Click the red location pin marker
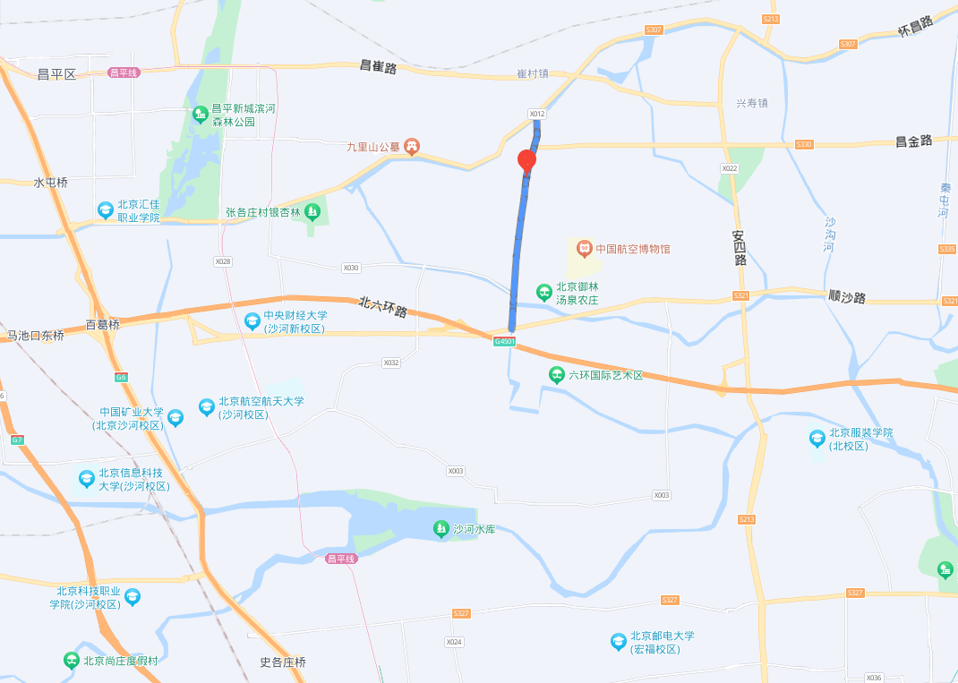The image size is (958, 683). click(527, 161)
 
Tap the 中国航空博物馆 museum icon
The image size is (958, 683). click(584, 247)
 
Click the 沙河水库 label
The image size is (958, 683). click(474, 529)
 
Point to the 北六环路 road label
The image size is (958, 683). click(383, 308)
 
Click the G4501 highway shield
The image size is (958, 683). click(504, 341)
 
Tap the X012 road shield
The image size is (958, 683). click(536, 114)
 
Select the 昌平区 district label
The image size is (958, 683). click(57, 74)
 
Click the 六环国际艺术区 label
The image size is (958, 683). click(605, 374)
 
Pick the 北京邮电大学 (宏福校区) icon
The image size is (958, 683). click(618, 642)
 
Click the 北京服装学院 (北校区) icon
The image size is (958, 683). click(817, 439)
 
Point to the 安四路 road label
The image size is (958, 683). click(739, 248)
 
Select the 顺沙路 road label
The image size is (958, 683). click(847, 296)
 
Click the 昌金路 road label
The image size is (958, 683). click(914, 141)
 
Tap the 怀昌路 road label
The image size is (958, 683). click(915, 25)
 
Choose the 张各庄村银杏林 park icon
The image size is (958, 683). click(312, 212)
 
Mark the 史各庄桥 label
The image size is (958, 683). click(283, 662)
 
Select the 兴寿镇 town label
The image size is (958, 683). click(752, 103)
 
